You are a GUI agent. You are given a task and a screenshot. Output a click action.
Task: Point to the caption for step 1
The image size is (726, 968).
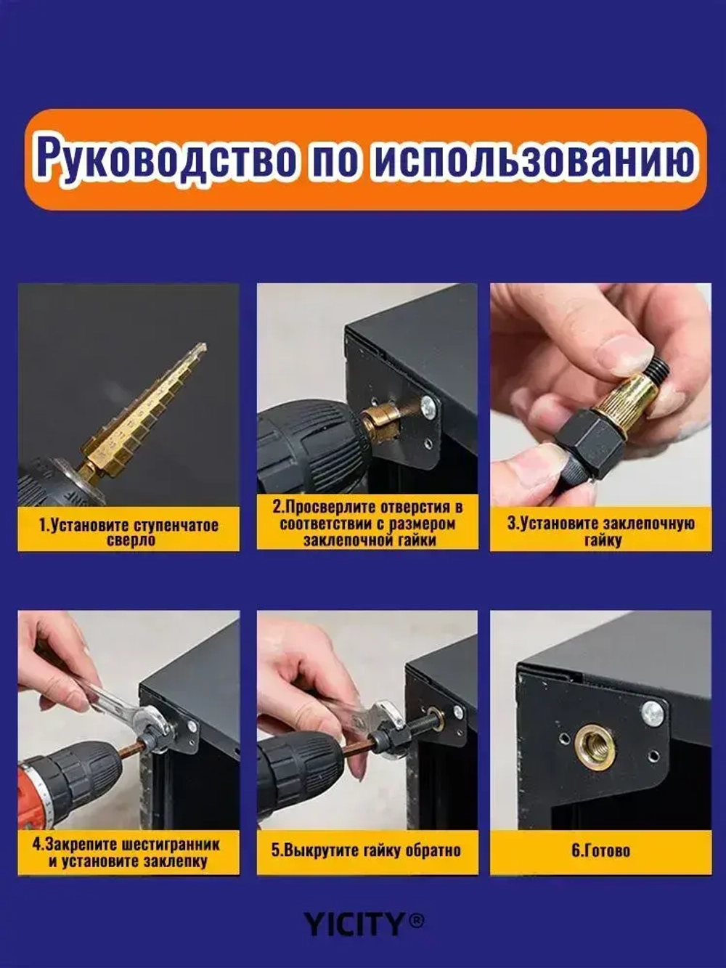click(129, 531)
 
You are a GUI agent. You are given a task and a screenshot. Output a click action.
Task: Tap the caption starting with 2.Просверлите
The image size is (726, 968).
click(368, 523)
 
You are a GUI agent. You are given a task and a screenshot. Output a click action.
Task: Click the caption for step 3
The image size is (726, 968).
click(601, 531)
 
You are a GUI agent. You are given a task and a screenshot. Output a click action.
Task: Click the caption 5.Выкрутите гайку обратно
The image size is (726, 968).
click(367, 850)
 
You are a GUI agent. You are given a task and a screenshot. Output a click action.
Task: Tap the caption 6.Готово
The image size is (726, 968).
click(600, 850)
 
